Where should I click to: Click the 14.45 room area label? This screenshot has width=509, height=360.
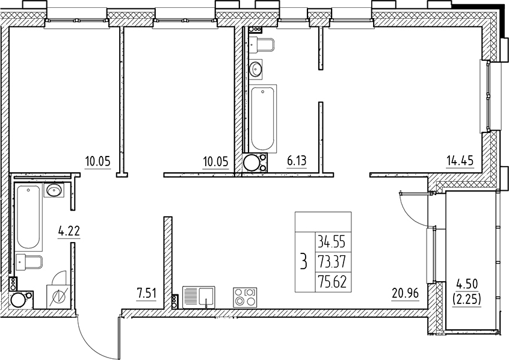tap(460, 161)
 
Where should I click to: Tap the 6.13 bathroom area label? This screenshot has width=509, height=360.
tap(297, 161)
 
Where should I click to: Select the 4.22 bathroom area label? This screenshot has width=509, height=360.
tap(69, 232)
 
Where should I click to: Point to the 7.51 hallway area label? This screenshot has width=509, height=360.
tap(146, 294)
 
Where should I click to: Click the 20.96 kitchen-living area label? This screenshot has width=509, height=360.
tap(405, 294)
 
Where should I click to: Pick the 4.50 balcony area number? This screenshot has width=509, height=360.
tap(467, 284)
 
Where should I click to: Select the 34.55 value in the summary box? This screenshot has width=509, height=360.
tap(332, 242)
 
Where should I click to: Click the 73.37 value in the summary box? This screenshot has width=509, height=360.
tap(332, 261)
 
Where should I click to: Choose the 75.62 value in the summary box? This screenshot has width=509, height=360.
tap(332, 281)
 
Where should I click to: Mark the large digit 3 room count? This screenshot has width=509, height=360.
tap(303, 261)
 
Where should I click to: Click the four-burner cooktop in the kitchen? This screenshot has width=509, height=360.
tap(245, 297)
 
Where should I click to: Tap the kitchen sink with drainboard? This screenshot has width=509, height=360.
tap(199, 297)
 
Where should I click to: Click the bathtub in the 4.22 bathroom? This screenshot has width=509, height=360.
tap(29, 217)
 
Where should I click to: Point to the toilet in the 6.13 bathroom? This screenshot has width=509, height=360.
tap(262, 45)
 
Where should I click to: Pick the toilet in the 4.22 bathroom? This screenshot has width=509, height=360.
tap(29, 261)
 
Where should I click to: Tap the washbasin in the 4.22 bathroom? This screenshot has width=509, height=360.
tap(54, 190)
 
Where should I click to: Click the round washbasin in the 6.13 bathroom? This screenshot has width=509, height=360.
tap(256, 69)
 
